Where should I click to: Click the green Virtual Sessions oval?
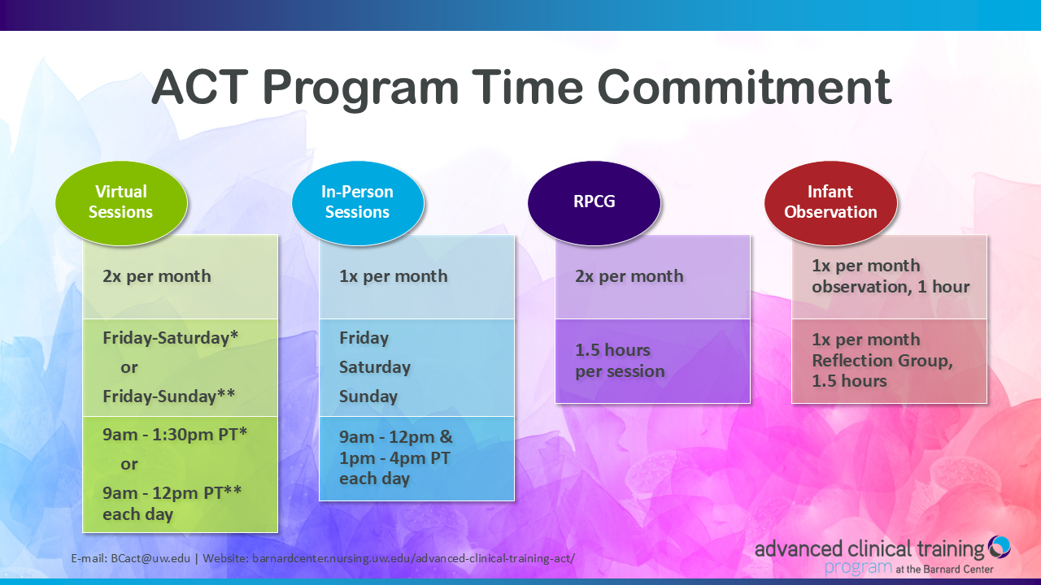[x=121, y=203]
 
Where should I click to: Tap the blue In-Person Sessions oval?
[x=358, y=203]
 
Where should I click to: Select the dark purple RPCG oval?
[x=594, y=203]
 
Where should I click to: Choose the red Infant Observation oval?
[x=830, y=203]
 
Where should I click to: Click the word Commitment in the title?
[x=744, y=87]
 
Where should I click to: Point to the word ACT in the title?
[x=200, y=87]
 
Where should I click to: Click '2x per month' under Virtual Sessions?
[x=157, y=276]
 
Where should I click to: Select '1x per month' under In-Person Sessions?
[x=393, y=276]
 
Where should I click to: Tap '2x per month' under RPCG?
[x=629, y=276]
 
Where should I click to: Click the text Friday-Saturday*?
[x=170, y=337]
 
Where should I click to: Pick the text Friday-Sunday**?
[x=168, y=396]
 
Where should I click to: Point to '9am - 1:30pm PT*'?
[x=175, y=435]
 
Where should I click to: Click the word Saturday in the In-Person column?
[x=375, y=367]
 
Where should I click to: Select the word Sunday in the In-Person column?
[x=368, y=396]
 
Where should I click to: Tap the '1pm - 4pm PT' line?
[x=394, y=458]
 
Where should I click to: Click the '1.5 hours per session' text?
[x=620, y=361]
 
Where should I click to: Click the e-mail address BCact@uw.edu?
[x=150, y=558]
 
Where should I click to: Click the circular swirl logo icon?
[x=999, y=547]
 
